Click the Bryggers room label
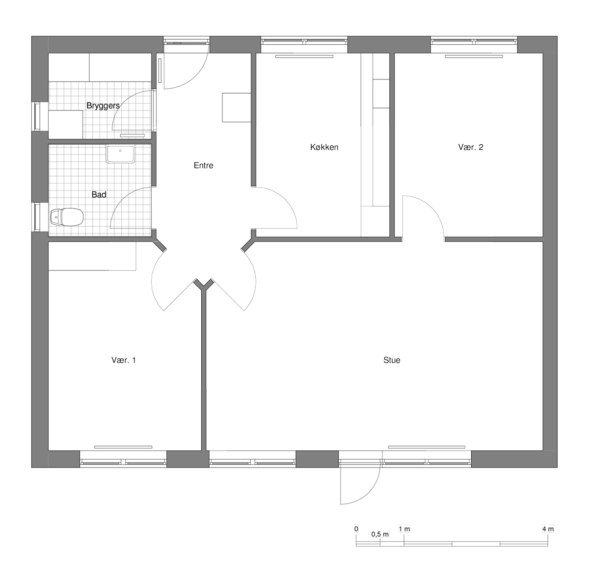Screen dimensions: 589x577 (103, 106)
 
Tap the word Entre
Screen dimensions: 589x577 (204, 165)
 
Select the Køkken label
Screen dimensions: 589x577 (324, 147)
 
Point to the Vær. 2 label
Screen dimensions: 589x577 (471, 147)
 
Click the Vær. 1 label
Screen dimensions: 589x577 (124, 360)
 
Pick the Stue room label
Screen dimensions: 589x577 (392, 360)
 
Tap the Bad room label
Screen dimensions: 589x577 (99, 194)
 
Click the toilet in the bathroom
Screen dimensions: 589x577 (67, 217)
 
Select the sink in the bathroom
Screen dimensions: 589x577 (120, 154)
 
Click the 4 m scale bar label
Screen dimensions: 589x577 (548, 529)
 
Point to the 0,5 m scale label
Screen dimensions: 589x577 (380, 534)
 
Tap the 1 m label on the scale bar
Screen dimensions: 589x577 (404, 529)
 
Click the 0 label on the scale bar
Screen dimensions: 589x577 (356, 529)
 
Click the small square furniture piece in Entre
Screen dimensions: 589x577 (237, 107)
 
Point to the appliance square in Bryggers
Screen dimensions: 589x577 (65, 125)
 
